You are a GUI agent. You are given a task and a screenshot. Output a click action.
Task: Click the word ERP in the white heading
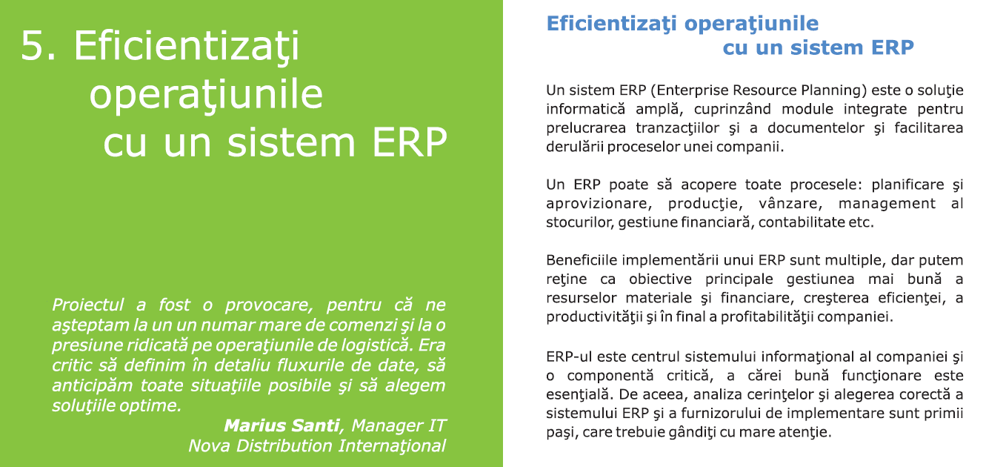pos(410,142)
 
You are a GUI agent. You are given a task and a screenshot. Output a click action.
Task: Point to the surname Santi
pos(316,425)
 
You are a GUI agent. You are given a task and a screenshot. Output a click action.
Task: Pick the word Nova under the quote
pos(210,446)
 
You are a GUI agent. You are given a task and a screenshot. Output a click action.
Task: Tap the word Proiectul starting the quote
pos(87,305)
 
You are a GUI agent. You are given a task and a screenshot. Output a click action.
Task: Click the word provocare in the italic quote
pos(268,305)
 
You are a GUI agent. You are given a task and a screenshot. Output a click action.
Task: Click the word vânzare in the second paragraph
pos(790,204)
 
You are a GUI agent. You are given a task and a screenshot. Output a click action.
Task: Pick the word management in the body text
pos(887,204)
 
